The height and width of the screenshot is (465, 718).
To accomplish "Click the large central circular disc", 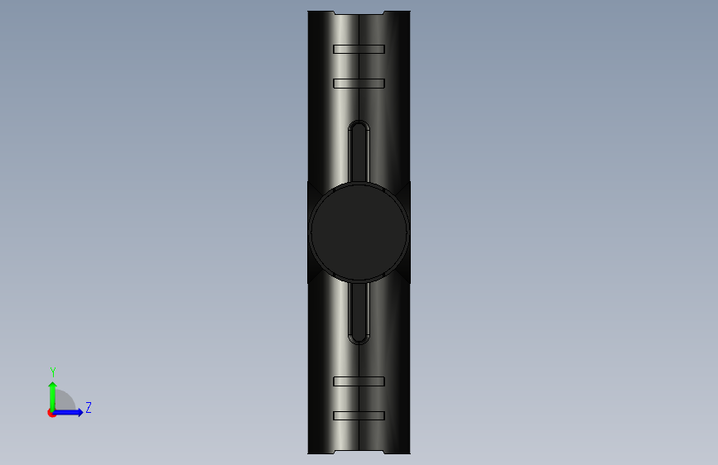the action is [x=359, y=232].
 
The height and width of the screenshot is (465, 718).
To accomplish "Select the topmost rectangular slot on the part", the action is [x=359, y=49].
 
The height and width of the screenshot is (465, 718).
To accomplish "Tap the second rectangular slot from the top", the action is [x=359, y=84].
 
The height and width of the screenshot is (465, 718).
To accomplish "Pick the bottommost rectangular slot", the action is [x=359, y=415].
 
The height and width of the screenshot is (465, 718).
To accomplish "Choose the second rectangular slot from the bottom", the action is [x=359, y=381].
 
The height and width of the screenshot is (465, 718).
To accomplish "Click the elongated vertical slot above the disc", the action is [x=359, y=151].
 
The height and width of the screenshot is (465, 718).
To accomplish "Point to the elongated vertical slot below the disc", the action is [x=359, y=313].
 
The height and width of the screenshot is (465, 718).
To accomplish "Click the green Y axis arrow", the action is [x=53, y=397].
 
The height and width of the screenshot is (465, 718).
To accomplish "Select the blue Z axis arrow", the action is [x=68, y=412].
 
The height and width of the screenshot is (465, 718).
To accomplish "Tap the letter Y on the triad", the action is [x=53, y=372].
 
